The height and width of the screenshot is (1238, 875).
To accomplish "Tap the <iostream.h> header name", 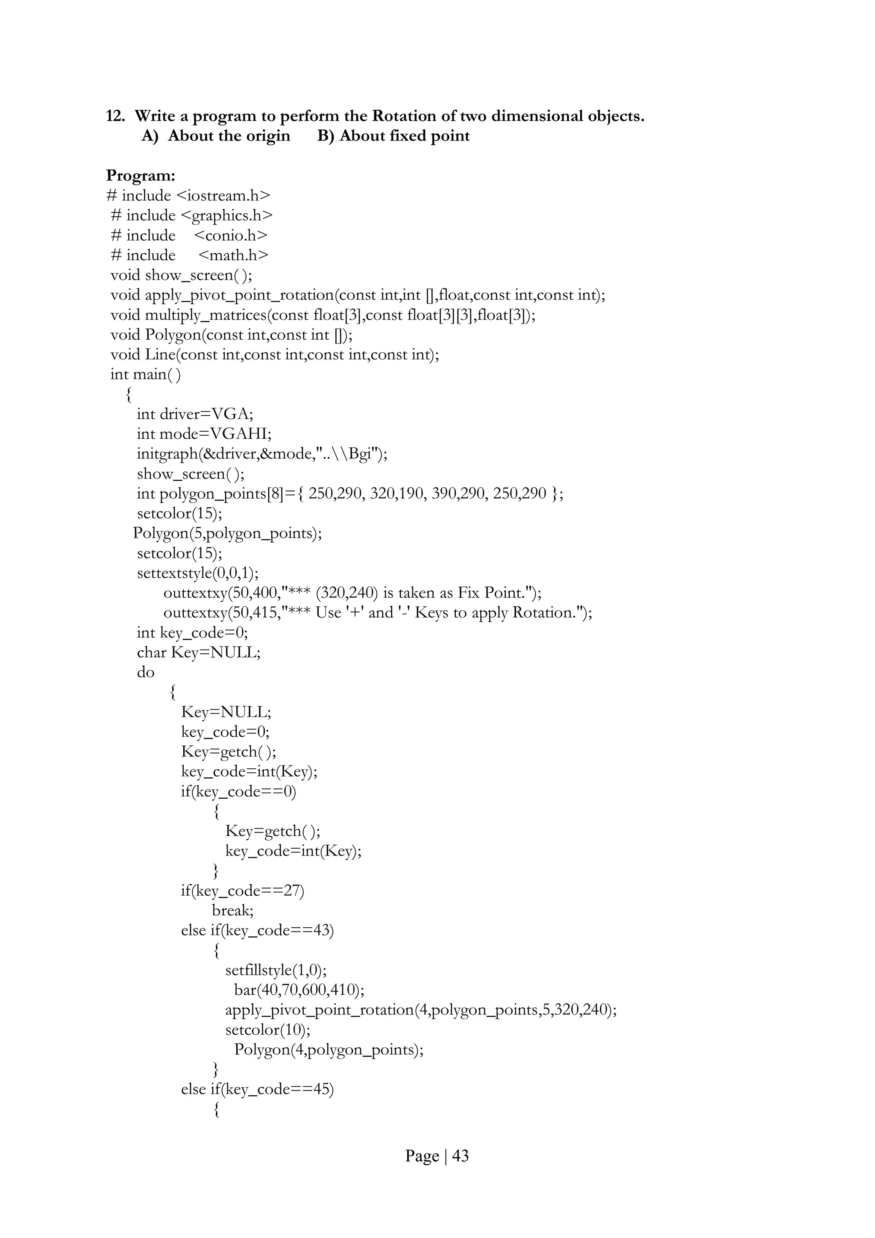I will coord(223,196).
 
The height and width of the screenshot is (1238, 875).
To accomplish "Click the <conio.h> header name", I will coord(230,235).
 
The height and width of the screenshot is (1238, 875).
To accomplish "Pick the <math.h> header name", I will coord(233,256).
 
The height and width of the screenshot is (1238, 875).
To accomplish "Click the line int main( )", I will coord(146,375).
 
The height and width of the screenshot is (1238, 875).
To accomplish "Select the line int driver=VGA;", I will coord(195,414).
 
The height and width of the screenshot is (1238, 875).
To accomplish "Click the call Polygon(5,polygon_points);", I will coord(228,534).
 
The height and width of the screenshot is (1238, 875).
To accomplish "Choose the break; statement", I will coord(233,911).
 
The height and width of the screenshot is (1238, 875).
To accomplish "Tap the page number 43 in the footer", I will coord(461,1156).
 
